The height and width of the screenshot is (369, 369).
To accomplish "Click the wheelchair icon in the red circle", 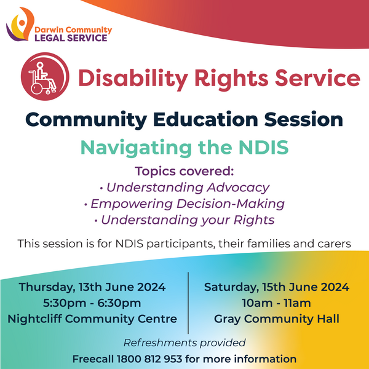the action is tap(42, 78).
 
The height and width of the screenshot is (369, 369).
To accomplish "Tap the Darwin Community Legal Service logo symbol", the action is tap(21, 24).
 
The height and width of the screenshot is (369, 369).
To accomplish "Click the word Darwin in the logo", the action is tap(49, 30).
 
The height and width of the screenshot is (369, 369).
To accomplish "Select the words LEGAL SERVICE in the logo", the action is tap(71, 38).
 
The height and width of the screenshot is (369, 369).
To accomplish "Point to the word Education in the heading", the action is tap(205, 119).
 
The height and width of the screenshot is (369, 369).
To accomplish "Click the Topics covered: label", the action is tap(184, 171).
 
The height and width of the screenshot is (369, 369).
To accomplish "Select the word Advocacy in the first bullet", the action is tap(238, 188).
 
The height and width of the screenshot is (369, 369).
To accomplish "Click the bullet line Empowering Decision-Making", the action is tap(184, 204).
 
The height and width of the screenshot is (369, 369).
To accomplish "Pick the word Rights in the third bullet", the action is tap(254, 220).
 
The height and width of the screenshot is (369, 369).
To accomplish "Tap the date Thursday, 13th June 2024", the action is tap(92, 287).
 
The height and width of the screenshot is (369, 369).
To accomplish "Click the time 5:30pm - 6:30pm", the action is tap(92, 303).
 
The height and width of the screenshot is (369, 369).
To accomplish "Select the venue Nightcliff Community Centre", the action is tap(92, 319).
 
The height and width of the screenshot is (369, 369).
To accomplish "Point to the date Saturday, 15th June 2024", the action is tap(277, 287).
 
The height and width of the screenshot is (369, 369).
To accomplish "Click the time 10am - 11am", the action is tap(277, 303).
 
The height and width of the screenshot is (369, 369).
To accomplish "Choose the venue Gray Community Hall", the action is tap(277, 319).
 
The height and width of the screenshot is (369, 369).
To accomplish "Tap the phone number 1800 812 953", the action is tap(149, 359).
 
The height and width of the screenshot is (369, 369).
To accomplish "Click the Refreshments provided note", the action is tap(184, 343).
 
